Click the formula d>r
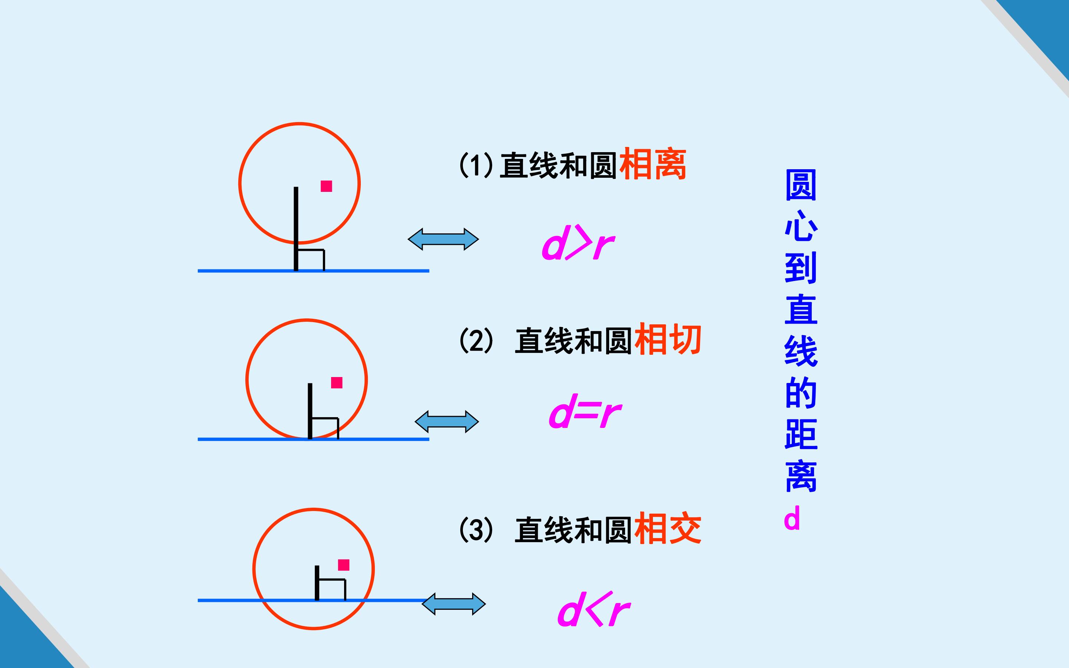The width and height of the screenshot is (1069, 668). pyautogui.click(x=578, y=243)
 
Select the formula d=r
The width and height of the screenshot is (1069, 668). pyautogui.click(x=585, y=411)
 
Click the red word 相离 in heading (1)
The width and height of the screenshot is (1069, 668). pyautogui.click(x=653, y=164)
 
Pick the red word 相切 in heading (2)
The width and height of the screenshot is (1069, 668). pyautogui.click(x=667, y=339)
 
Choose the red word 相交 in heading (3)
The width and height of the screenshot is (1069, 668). pyautogui.click(x=667, y=528)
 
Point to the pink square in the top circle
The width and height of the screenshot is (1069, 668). pyautogui.click(x=326, y=186)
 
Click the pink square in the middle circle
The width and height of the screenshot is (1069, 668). pyautogui.click(x=337, y=383)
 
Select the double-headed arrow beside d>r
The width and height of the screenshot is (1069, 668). pyautogui.click(x=443, y=239)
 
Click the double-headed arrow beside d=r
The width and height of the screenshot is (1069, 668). pyautogui.click(x=447, y=422)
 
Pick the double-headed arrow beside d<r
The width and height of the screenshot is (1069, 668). pyautogui.click(x=454, y=604)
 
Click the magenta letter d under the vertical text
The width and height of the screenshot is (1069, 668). pyautogui.click(x=792, y=518)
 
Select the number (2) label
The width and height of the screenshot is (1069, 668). pyautogui.click(x=476, y=340)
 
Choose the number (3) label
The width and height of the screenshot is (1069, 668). pyautogui.click(x=476, y=529)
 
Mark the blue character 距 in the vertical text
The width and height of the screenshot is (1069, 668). pyautogui.click(x=801, y=434)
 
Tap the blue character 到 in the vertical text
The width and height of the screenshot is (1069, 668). pyautogui.click(x=801, y=268)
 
